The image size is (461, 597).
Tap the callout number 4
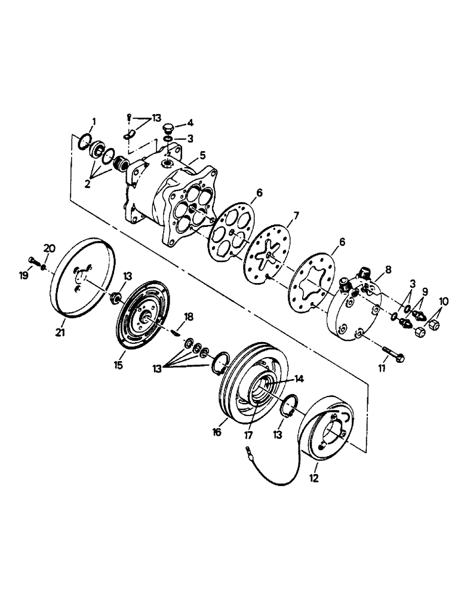click(190, 124)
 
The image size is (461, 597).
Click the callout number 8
click(388, 270)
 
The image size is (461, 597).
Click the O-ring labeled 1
click(85, 142)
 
